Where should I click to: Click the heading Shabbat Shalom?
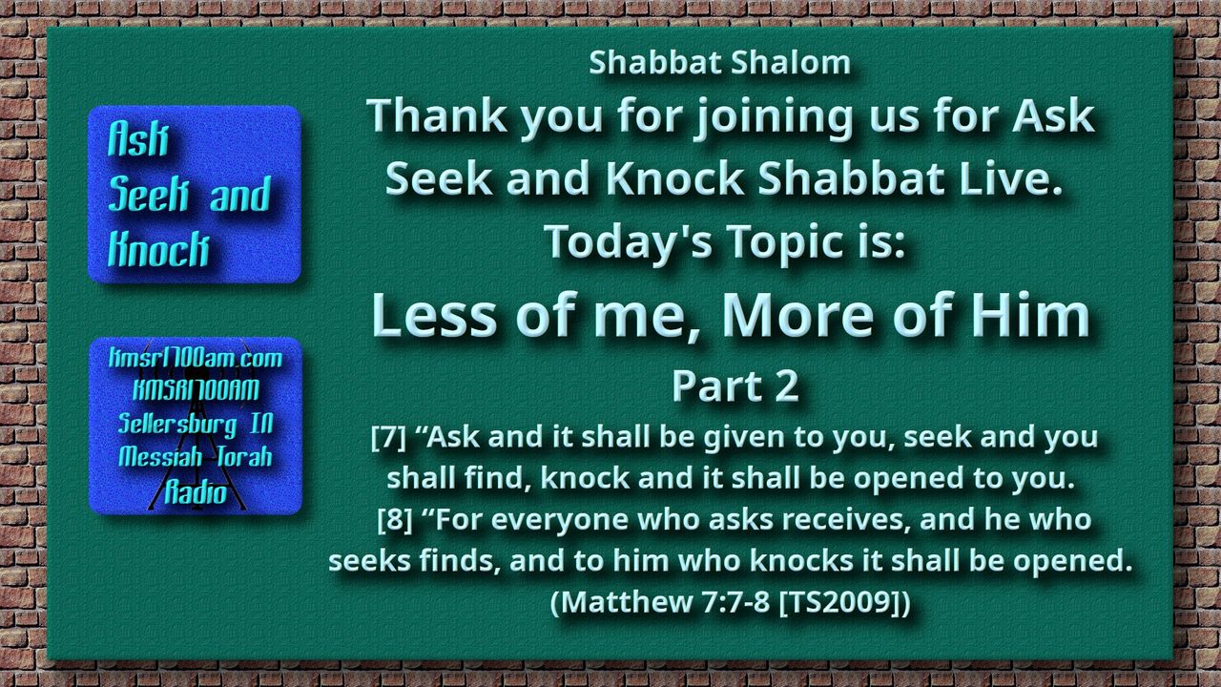pos(719,63)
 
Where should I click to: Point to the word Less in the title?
pos(434,316)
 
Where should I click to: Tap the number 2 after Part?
pos(787,386)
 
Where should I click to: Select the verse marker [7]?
pos(388,437)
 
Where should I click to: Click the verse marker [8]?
pos(395,519)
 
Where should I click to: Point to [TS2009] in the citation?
pos(838,602)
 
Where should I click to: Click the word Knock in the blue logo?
pos(158,249)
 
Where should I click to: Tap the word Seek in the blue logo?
pos(148,194)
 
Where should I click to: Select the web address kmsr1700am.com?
pos(196,358)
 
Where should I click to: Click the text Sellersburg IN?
pos(196,424)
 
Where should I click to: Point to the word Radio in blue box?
pos(196,493)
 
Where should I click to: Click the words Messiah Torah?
pos(196,457)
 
